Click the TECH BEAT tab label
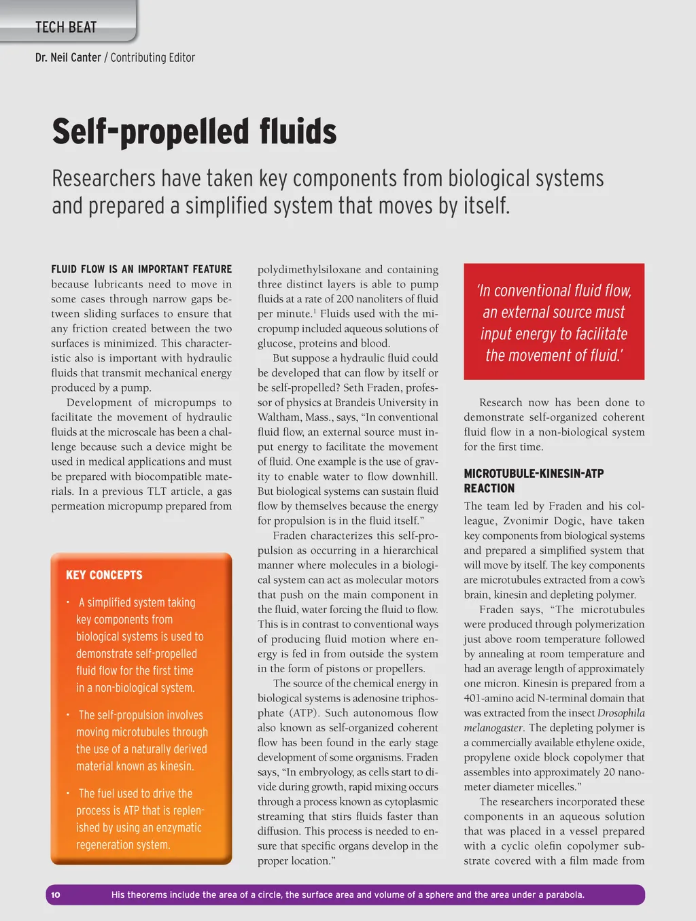66,27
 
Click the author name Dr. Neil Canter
68,58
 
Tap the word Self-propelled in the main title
149,131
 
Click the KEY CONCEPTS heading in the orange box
104,575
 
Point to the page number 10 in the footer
56,894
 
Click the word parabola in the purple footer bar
562,894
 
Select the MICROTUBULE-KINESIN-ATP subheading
534,473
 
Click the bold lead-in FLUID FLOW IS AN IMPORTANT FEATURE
141,269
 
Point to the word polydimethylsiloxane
309,269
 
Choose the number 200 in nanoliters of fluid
345,299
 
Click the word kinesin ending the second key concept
176,766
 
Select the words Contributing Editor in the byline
152,58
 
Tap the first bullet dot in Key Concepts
68,602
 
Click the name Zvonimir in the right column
529,521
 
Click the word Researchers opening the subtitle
103,179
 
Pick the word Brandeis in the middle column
355,402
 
